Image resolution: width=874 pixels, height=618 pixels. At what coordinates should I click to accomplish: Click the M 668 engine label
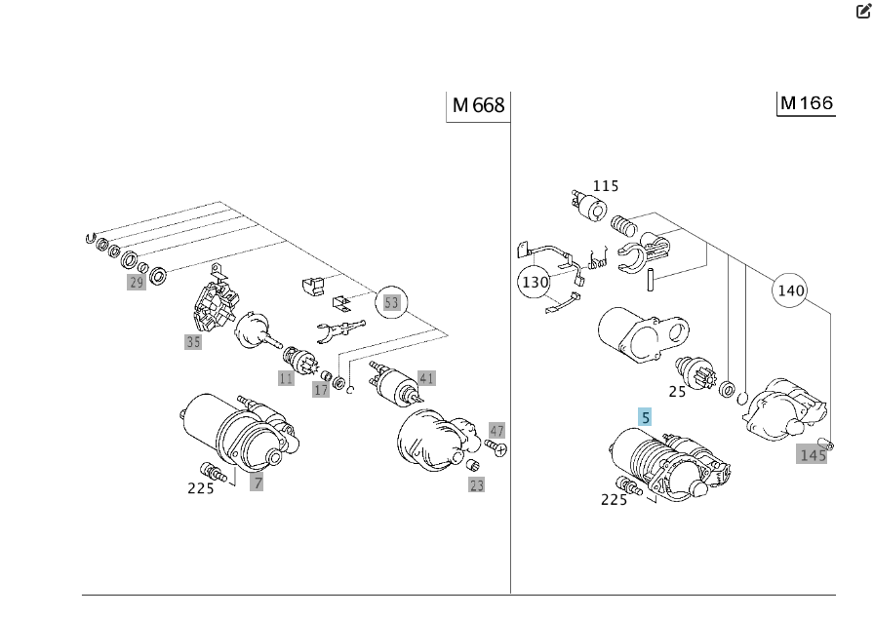coord(479,105)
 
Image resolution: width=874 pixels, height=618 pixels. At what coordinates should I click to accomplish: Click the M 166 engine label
coord(807,103)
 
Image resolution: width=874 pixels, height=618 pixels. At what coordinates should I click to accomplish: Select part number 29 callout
coord(136,283)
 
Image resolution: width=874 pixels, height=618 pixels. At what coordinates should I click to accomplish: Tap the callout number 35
coord(193,342)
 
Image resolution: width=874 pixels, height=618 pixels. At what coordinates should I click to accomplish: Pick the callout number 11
coord(286,378)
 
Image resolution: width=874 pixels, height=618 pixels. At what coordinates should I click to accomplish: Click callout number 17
coord(321,390)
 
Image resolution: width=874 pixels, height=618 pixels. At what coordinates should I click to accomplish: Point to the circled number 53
coord(391,302)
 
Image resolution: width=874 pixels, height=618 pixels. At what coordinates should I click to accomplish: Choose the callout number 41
coord(426,378)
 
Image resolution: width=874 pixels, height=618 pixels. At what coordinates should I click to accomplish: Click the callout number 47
coord(497,431)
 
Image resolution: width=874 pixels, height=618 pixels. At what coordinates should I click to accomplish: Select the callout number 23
coord(476,484)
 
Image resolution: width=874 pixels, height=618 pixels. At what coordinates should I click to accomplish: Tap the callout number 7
coord(257,482)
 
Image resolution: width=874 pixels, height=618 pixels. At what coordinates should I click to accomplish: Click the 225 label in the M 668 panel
coord(201,488)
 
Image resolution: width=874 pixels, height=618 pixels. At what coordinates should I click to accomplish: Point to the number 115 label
coord(605,185)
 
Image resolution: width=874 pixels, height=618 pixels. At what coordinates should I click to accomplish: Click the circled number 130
coord(535,283)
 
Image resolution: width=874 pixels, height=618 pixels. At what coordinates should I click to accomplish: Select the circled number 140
coord(791,290)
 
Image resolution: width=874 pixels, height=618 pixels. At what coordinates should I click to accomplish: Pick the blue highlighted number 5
coord(645,418)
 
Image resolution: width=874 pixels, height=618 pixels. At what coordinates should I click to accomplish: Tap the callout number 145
coord(812,455)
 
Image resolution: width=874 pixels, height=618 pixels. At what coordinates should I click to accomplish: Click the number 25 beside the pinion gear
coord(677,391)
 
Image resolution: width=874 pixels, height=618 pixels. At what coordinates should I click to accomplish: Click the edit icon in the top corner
coord(863,12)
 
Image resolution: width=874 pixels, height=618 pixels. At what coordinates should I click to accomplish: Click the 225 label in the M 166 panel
coord(614,500)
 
